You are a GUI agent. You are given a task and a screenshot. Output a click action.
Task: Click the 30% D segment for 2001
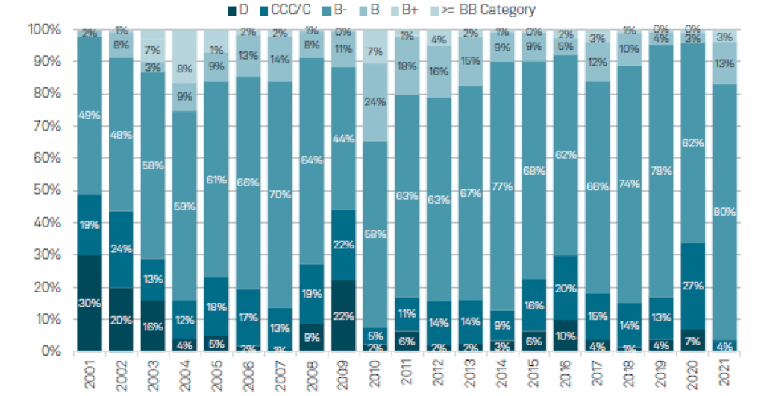90,302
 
